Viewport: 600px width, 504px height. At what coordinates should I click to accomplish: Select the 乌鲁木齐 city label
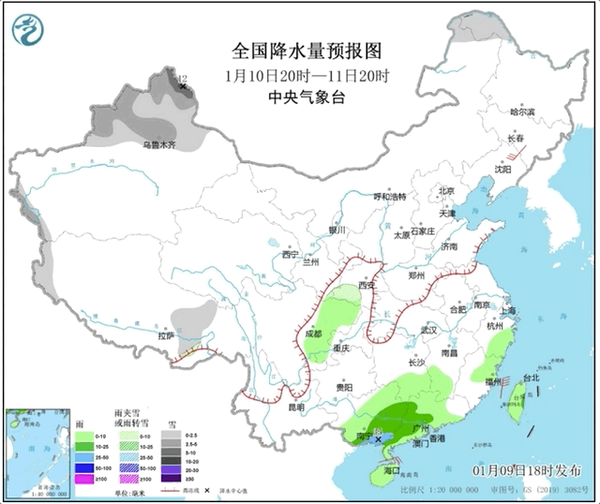coord(159,145)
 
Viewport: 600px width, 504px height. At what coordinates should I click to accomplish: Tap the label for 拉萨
coord(166,334)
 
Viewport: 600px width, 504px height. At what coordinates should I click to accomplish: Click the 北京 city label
coord(446,191)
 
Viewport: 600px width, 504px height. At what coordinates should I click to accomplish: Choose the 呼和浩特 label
coord(390,197)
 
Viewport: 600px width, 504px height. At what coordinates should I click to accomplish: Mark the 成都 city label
coord(313,333)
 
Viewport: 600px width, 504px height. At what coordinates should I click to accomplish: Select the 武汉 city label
coord(430,330)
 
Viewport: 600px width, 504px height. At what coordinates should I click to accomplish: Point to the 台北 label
coord(532,378)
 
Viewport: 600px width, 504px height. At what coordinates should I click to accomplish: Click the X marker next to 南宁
coord(379,438)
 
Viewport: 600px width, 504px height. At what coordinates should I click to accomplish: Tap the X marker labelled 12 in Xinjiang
coord(183,87)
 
